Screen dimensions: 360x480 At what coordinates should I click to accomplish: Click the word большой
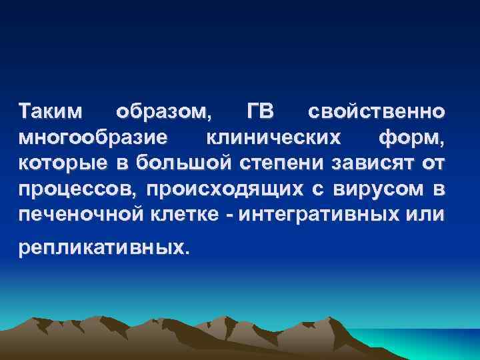[x=179, y=163]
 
